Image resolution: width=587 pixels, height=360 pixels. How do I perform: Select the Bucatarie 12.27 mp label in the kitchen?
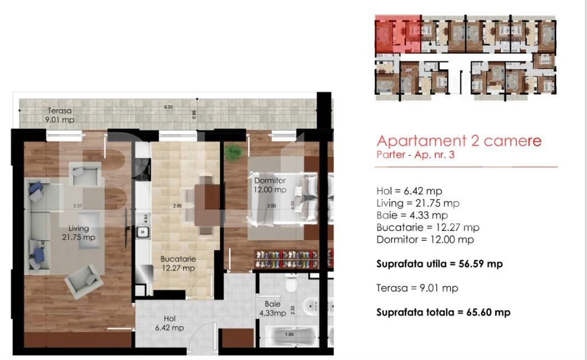(x=178, y=264)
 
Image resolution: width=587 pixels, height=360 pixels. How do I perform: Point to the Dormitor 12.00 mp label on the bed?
(x=270, y=185)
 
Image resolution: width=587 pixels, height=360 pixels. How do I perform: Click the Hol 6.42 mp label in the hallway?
(x=169, y=324)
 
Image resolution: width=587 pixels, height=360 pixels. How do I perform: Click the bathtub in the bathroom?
(x=289, y=338)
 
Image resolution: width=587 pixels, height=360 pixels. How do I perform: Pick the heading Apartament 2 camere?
(x=459, y=141)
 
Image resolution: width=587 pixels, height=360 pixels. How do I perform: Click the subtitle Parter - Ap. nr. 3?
(x=415, y=155)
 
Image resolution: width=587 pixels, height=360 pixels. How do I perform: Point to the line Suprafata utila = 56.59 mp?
(x=439, y=264)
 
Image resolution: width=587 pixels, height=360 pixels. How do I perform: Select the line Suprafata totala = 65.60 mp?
(x=442, y=312)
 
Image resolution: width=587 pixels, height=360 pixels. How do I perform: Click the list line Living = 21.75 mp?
(x=417, y=203)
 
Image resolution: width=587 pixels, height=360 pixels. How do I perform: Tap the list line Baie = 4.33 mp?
(x=412, y=215)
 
